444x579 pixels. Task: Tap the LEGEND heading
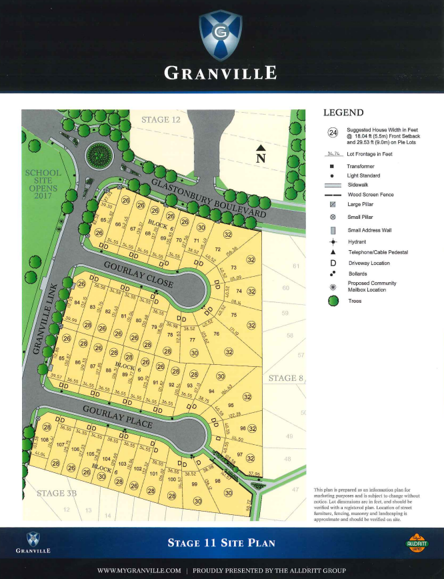343,113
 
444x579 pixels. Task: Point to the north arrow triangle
261,149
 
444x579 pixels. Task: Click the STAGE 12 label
161,119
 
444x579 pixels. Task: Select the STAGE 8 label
285,378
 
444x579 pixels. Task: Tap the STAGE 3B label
57,494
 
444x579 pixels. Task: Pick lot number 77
192,340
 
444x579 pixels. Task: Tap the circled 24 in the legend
333,132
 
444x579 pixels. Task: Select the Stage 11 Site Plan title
221,543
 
